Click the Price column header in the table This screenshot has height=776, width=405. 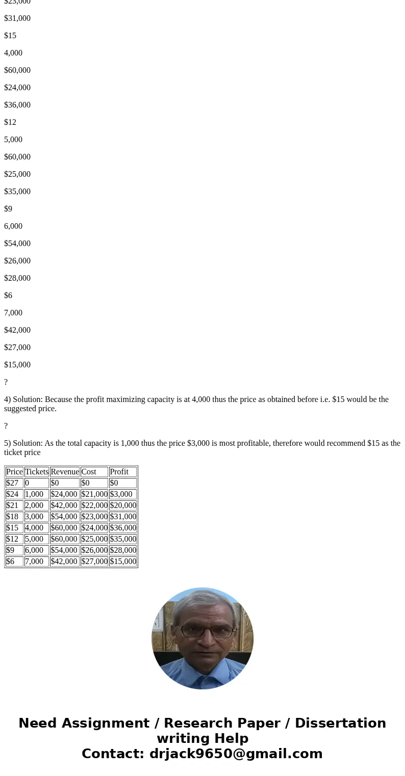click(14, 472)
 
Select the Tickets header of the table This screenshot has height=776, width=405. click(37, 472)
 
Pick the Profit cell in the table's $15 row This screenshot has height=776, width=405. click(123, 528)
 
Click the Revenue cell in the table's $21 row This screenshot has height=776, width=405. click(64, 505)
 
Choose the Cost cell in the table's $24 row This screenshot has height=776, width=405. click(94, 494)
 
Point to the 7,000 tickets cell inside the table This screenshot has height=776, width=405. click(34, 561)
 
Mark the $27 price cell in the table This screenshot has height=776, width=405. click(12, 483)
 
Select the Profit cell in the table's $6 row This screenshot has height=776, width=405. click(123, 561)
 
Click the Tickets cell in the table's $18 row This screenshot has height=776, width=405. click(34, 517)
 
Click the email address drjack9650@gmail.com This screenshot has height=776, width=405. click(236, 754)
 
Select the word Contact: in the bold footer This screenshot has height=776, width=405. click(113, 754)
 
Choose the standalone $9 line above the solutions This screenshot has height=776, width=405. click(8, 209)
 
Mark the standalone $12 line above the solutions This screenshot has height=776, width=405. click(10, 122)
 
